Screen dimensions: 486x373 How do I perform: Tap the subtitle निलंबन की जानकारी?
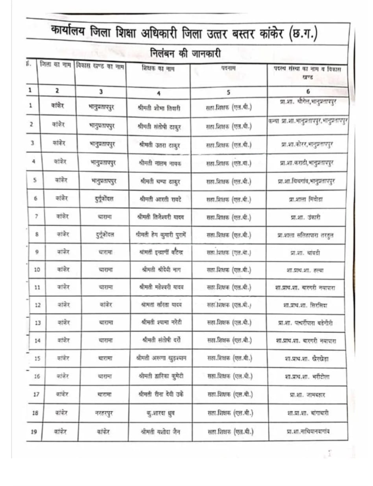click(185, 53)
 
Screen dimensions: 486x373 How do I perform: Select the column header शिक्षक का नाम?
click(158, 68)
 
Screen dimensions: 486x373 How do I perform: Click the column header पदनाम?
click(229, 69)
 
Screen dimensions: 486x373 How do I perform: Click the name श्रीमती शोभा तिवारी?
click(159, 108)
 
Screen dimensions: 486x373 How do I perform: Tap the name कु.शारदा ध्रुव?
click(160, 413)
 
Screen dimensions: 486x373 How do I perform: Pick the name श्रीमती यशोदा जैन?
click(160, 431)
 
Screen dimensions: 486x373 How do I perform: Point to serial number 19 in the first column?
click(33, 432)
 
